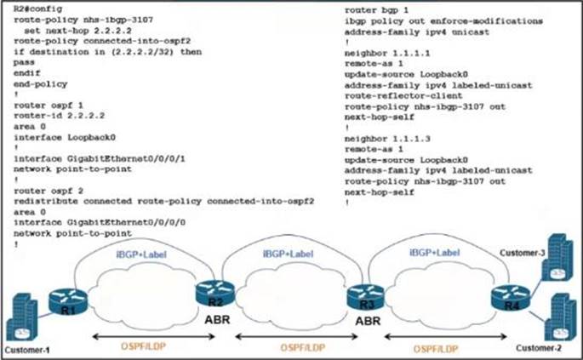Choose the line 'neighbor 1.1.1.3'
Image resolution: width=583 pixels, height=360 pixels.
[x=382, y=137]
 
